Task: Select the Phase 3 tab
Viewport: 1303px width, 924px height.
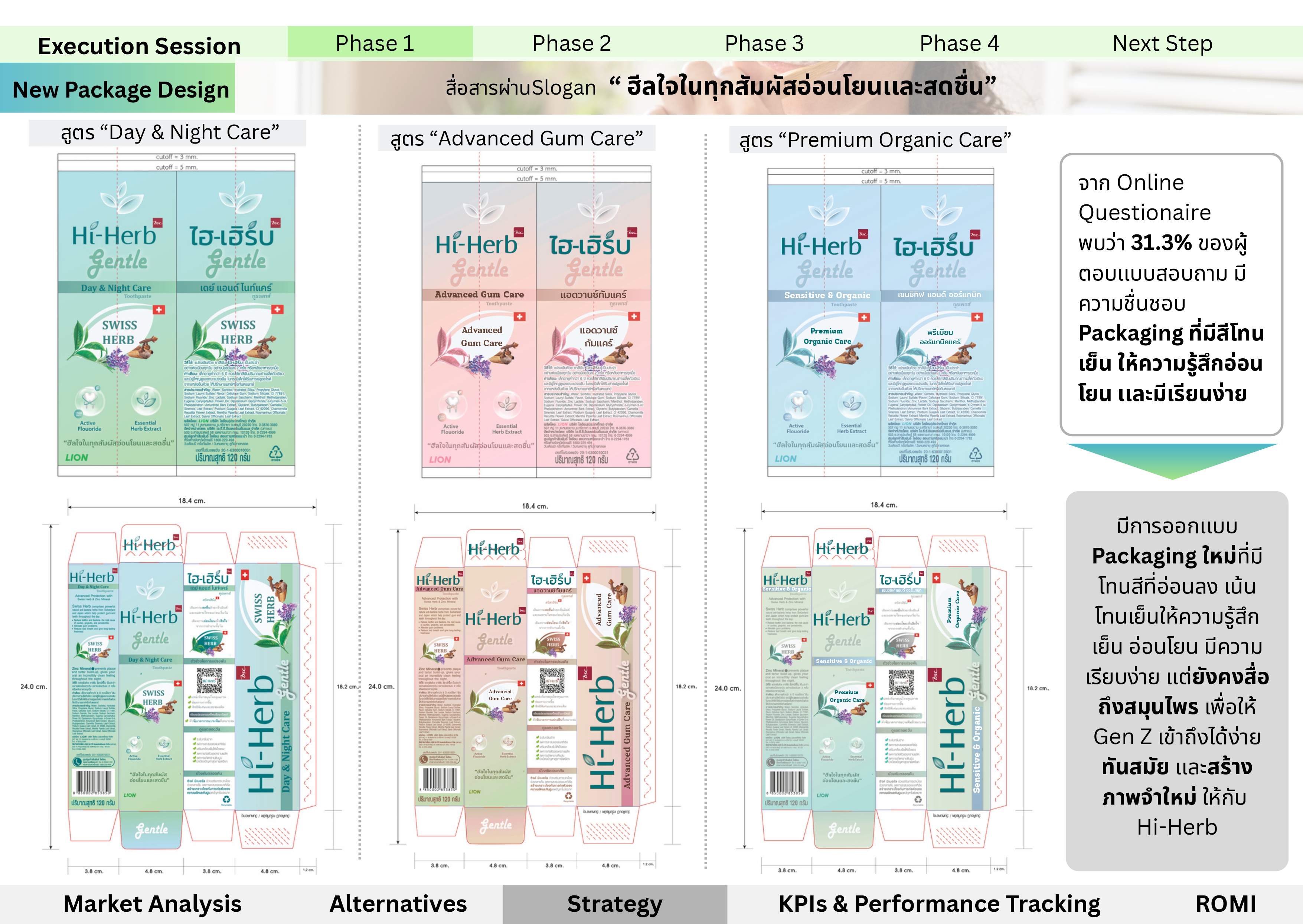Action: click(x=764, y=43)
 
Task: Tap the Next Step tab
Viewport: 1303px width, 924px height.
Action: click(x=1162, y=43)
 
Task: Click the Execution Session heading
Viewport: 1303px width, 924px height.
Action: click(x=139, y=46)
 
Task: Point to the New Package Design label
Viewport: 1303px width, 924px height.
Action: click(x=121, y=89)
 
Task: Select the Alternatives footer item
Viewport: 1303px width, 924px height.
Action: click(x=398, y=904)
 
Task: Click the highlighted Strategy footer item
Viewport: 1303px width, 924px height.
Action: click(x=614, y=904)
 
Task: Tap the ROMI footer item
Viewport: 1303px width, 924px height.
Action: click(x=1225, y=904)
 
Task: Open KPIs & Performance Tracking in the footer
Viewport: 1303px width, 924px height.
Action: click(x=939, y=904)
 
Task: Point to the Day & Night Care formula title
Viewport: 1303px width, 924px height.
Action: click(x=170, y=132)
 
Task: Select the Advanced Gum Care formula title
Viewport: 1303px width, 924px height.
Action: click(x=516, y=139)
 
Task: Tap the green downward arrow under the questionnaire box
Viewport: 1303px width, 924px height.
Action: click(x=1172, y=460)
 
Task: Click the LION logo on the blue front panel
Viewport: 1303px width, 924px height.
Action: click(x=785, y=458)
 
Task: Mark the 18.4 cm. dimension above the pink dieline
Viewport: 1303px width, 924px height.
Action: click(x=535, y=506)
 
